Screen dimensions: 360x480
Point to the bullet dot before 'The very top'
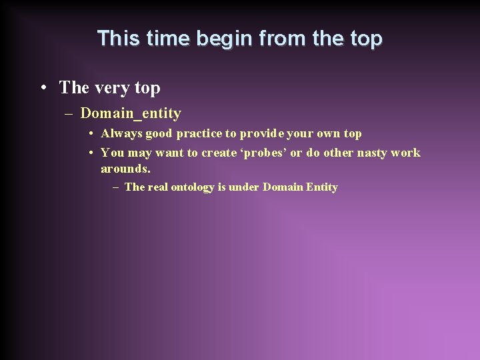(43, 87)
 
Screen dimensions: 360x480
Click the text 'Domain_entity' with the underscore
(131, 113)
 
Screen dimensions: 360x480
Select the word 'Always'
(121, 133)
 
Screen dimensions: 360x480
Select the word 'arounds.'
(125, 169)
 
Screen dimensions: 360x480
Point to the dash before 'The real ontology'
(117, 187)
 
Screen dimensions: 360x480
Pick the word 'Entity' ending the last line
(321, 187)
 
